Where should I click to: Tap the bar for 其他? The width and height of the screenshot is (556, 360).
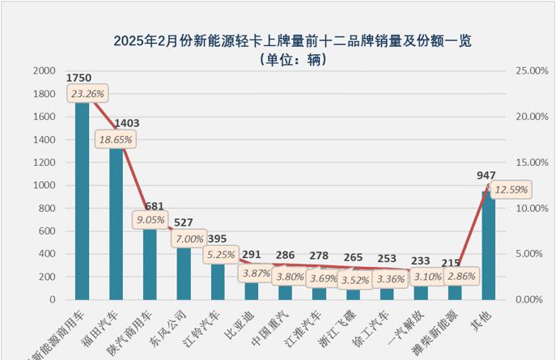(x=488, y=251)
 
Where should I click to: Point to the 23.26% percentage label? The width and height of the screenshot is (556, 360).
(x=87, y=94)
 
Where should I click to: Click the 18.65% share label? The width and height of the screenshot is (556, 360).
(x=117, y=139)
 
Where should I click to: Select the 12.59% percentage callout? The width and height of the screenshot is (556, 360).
(x=510, y=190)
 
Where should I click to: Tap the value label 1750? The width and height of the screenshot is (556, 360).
(x=79, y=78)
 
